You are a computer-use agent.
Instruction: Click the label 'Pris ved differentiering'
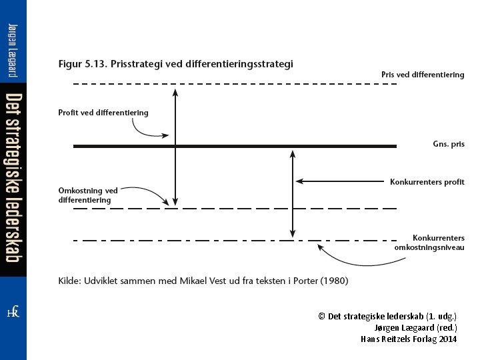(423, 75)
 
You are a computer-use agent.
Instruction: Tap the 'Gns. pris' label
(449, 144)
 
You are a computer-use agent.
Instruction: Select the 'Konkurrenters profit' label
(427, 182)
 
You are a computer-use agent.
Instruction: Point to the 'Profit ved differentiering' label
(103, 113)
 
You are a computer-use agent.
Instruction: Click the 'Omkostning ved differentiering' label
(88, 195)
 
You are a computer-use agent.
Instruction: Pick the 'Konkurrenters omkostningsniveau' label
(429, 243)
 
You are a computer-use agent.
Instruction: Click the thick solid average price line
(233, 146)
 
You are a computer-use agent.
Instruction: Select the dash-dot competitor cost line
(200, 239)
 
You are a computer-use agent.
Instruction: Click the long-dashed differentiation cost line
(233, 209)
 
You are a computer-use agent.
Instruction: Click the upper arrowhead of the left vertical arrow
(175, 90)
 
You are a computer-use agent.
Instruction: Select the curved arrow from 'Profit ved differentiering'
(149, 131)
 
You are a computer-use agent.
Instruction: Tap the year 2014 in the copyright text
(448, 339)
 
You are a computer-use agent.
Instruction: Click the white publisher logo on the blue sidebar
(13, 312)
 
